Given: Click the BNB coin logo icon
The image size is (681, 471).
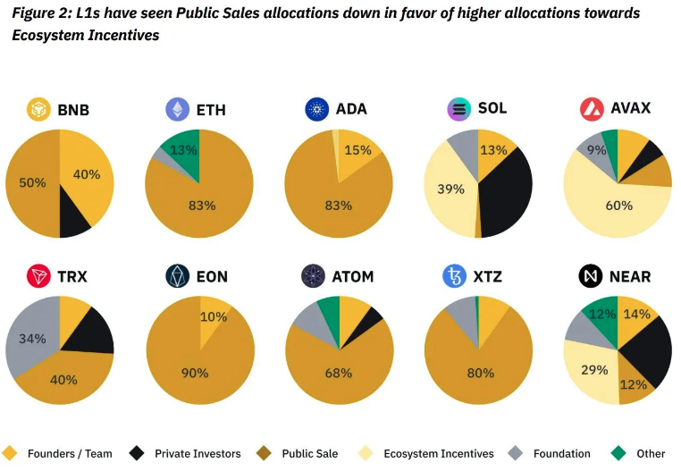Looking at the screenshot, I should [x=39, y=110].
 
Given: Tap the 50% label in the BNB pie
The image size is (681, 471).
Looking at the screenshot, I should [x=32, y=182].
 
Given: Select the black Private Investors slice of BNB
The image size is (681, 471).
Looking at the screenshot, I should [x=73, y=220].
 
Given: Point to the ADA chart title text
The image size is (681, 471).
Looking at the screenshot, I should [x=351, y=109].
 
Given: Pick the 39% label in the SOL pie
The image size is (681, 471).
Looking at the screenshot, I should [x=451, y=189].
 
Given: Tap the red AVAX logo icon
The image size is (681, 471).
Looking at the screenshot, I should [x=592, y=109].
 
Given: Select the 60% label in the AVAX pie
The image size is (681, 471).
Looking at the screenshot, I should [x=618, y=206].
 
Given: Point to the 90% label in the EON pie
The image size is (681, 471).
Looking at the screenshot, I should [x=194, y=373].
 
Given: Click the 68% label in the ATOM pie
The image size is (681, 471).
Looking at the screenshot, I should [x=338, y=373].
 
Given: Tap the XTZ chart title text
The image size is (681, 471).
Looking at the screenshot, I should [x=488, y=276].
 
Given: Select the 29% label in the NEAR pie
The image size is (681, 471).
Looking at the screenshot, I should [x=594, y=369].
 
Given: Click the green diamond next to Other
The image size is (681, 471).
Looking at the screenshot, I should [x=619, y=452].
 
